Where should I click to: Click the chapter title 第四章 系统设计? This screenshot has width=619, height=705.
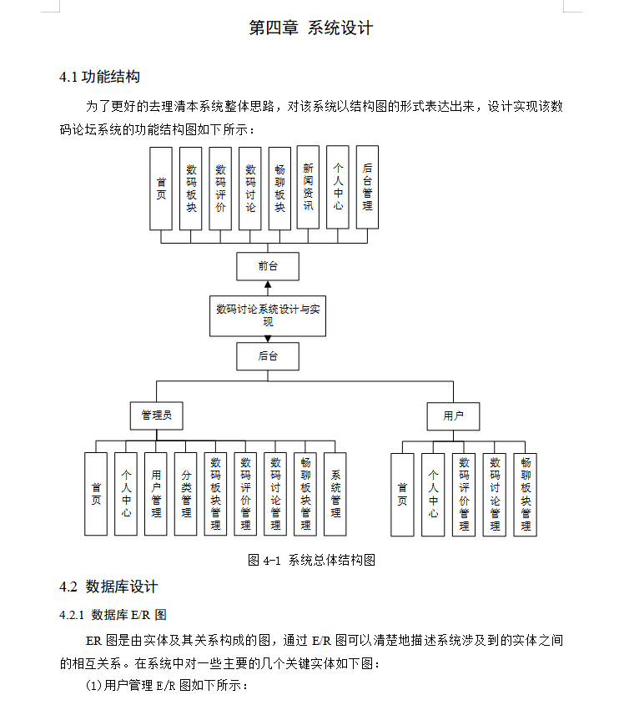tap(310, 28)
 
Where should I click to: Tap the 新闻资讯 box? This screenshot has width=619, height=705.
tap(308, 188)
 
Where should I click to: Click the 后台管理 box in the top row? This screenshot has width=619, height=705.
tap(367, 188)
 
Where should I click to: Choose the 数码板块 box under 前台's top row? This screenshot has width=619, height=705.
tap(190, 188)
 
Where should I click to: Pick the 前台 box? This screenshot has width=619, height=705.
tap(268, 266)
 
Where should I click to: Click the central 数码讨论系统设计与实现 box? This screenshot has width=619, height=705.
tap(268, 315)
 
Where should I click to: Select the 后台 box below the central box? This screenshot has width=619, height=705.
tap(268, 356)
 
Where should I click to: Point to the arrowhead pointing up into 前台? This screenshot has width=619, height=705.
tap(268, 285)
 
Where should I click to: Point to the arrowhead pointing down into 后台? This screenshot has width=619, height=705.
tap(268, 339)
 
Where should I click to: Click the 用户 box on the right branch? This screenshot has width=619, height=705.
tap(454, 415)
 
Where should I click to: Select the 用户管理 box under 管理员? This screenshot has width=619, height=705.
tap(156, 494)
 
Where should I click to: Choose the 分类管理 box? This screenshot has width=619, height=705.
tap(186, 494)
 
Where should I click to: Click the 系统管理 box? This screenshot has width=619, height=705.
tap(335, 494)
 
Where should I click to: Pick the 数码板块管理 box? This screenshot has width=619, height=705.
tap(215, 494)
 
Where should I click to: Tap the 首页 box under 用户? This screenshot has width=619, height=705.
tap(402, 494)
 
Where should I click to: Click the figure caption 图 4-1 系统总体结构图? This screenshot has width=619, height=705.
tap(311, 560)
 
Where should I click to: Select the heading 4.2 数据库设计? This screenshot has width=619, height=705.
tap(108, 587)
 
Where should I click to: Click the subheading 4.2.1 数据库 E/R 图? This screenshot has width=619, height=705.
tap(113, 615)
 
